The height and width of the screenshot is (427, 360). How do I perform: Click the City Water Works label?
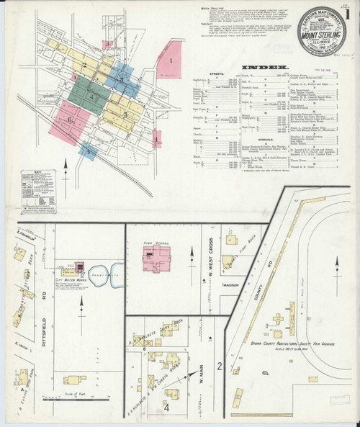click(73, 279)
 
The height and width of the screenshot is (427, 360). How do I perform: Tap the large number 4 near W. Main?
click(166, 408)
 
